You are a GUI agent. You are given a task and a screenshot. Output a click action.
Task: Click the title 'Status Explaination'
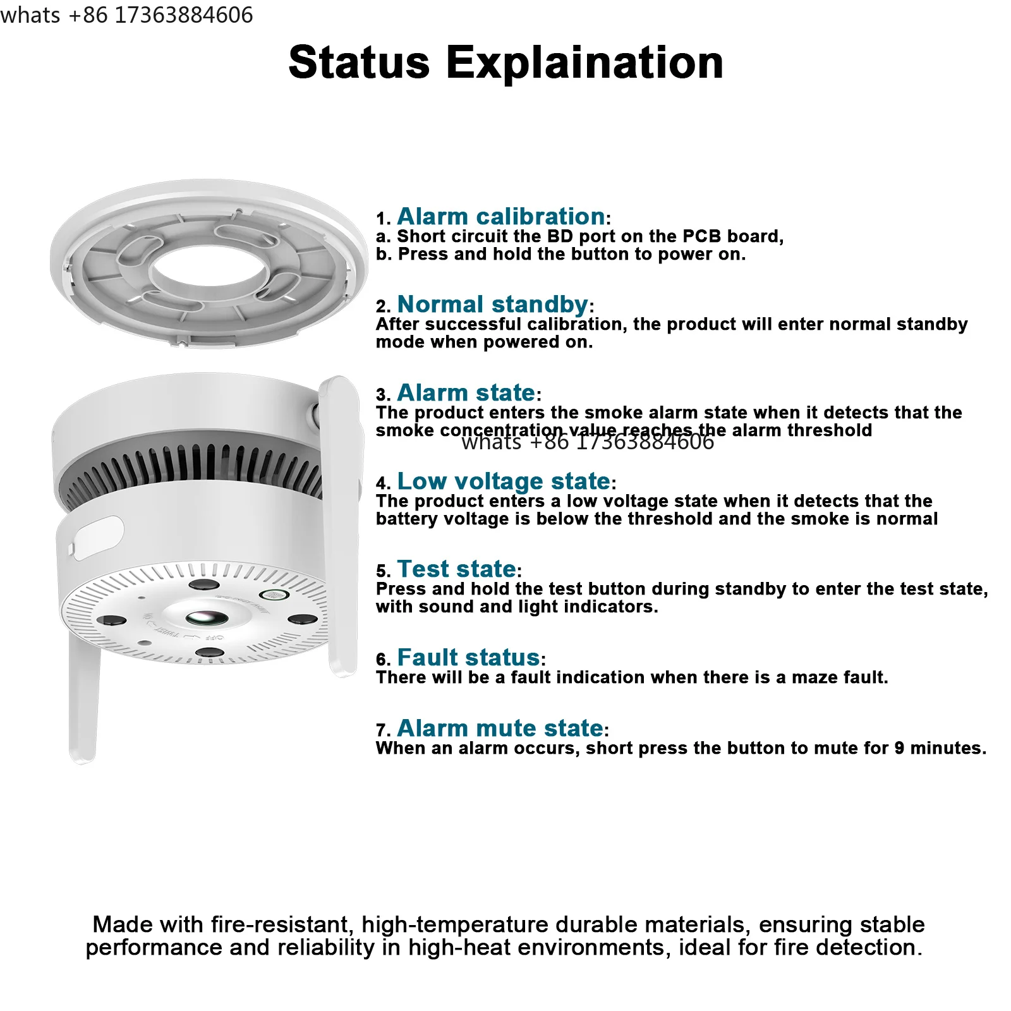505,63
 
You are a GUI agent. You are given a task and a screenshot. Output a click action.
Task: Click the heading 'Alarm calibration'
500,217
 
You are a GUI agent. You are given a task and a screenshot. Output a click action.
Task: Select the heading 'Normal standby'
493,305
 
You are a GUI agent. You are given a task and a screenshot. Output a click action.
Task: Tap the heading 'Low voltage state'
504,481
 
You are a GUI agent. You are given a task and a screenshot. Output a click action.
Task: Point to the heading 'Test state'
457,569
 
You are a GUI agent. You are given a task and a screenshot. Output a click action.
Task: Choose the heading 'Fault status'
468,658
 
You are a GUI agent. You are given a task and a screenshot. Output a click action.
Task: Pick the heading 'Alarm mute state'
500,729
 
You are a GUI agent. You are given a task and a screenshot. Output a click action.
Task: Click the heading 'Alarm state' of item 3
466,393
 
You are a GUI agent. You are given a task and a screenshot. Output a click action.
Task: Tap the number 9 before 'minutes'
899,748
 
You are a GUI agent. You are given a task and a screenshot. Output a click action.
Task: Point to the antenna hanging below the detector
83,698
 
